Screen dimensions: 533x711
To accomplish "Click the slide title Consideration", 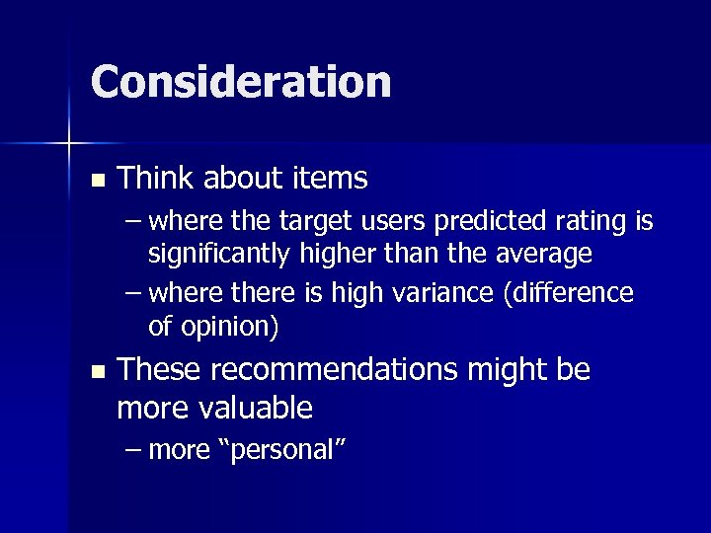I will (241, 82).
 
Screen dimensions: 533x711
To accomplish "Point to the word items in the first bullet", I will (331, 179).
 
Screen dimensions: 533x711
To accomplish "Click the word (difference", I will (568, 293).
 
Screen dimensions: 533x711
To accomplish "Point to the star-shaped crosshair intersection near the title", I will (69, 145).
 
